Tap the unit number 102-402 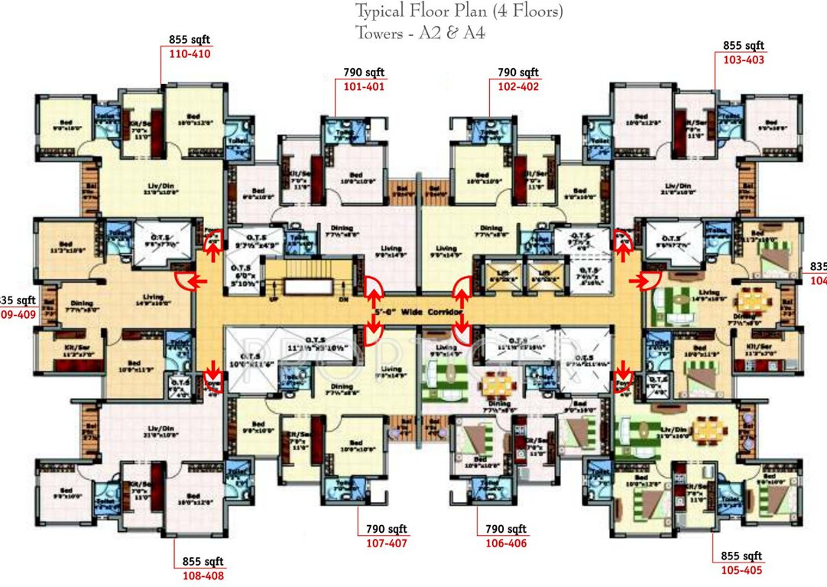[x=518, y=86]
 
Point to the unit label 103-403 [x=743, y=59]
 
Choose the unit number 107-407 [x=387, y=543]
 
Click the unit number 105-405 [x=741, y=569]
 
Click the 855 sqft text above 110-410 [x=189, y=41]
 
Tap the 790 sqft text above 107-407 [x=387, y=530]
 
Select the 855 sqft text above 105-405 [x=741, y=556]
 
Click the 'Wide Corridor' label [x=425, y=314]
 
